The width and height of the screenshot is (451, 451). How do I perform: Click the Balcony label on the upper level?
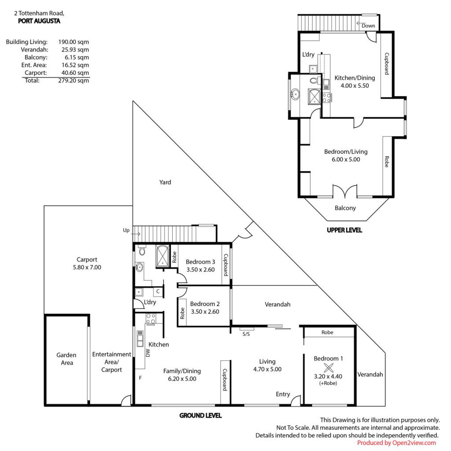tap(345, 208)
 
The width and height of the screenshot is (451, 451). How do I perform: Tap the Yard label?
tap(165, 182)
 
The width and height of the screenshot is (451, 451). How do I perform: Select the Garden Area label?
tap(67, 359)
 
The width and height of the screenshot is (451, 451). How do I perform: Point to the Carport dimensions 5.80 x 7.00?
tap(87, 267)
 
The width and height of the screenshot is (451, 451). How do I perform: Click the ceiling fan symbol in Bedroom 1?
tap(328, 368)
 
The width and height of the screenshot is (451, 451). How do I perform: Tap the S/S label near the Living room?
tap(246, 334)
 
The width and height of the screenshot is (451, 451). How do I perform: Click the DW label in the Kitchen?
tap(148, 353)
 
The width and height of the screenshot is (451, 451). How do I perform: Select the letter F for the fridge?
tap(140, 377)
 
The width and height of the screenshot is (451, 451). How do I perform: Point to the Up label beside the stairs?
tap(126, 230)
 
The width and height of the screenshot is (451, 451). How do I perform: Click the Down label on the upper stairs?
tap(368, 26)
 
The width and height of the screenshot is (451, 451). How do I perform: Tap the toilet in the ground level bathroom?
tap(142, 251)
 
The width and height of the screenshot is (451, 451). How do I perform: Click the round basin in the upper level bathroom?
tap(295, 94)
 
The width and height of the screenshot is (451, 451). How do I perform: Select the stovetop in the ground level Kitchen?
tap(151, 319)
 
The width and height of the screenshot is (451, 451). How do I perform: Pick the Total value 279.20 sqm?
tap(74, 81)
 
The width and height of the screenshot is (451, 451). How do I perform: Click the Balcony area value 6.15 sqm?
tap(77, 57)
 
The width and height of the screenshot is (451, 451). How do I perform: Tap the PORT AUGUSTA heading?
tap(39, 21)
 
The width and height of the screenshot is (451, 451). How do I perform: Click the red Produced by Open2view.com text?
tap(396, 443)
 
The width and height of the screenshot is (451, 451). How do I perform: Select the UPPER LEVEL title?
tap(344, 230)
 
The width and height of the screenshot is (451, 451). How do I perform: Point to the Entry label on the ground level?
tap(283, 394)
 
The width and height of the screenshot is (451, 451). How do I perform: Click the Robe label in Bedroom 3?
tap(174, 257)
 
